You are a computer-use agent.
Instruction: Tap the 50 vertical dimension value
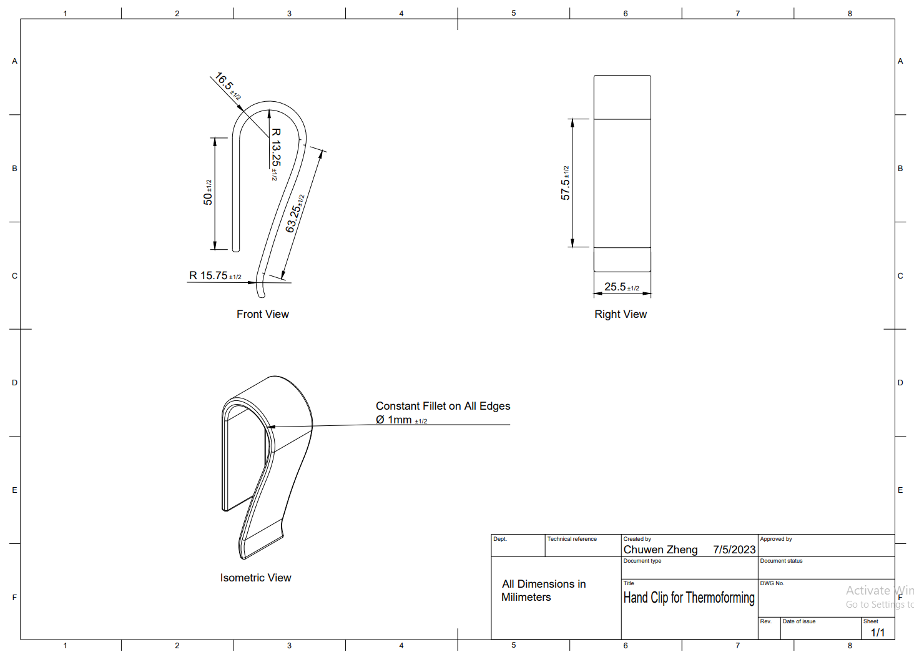(x=208, y=194)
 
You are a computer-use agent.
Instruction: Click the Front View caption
(x=262, y=314)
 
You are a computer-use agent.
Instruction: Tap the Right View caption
(x=620, y=314)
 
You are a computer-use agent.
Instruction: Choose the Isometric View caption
(x=255, y=578)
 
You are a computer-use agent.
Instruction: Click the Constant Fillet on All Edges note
(x=443, y=406)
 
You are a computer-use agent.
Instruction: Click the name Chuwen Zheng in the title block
(x=660, y=550)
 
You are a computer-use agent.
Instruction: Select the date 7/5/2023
(x=734, y=550)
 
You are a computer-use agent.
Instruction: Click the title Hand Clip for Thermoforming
(x=689, y=598)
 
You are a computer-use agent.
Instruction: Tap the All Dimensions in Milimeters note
(x=543, y=590)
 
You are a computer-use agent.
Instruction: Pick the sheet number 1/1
(x=877, y=632)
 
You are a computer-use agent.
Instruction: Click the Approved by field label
(x=775, y=539)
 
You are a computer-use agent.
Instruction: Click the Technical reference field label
(x=572, y=539)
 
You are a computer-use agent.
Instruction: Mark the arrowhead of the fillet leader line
(x=270, y=427)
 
